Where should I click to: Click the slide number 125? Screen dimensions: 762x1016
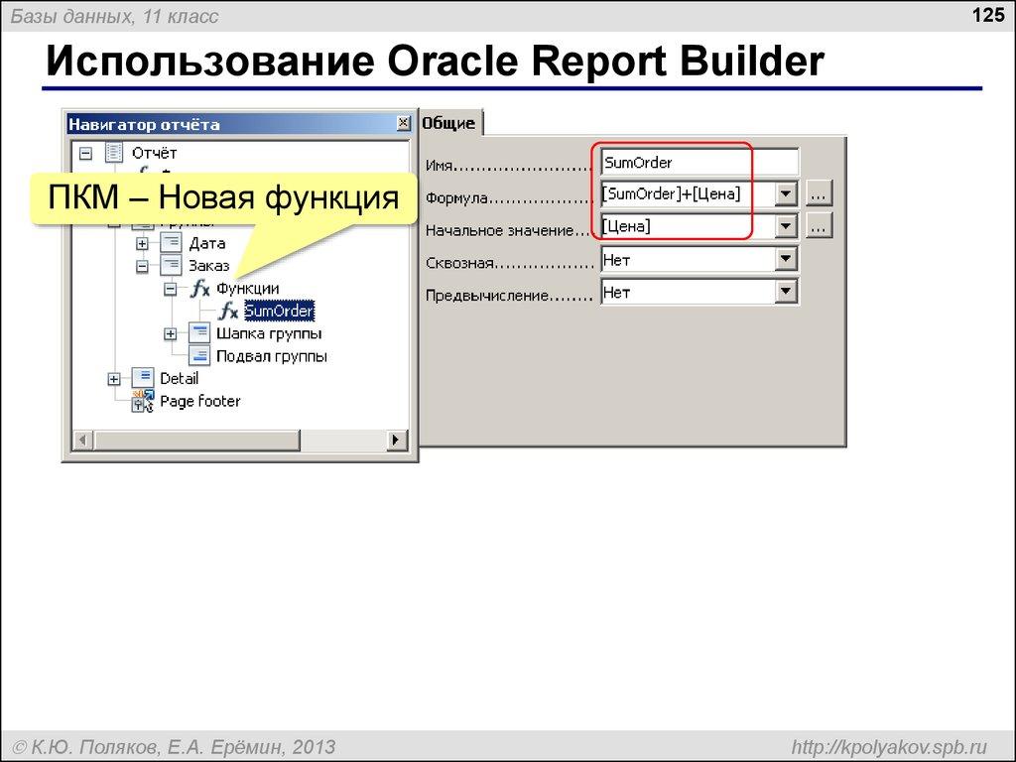click(x=988, y=15)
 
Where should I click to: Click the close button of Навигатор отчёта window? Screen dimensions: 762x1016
click(x=403, y=124)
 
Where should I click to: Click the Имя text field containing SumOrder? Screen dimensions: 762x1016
click(x=698, y=163)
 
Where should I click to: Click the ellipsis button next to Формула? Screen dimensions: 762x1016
click(x=820, y=194)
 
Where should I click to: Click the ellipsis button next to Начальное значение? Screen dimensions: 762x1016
click(x=820, y=227)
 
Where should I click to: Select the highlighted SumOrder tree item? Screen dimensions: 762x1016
click(x=279, y=312)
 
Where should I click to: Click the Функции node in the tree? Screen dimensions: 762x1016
click(x=247, y=289)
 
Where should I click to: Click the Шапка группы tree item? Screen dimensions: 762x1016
click(x=268, y=333)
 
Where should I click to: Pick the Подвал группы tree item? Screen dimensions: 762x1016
click(x=271, y=356)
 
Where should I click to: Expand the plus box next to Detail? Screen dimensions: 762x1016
click(x=114, y=379)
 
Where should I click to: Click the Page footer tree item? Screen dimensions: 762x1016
click(x=199, y=402)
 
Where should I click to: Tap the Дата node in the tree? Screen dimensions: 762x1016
click(x=206, y=243)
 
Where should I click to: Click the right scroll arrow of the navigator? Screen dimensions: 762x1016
click(x=396, y=440)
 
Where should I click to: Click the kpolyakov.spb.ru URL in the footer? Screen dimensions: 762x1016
click(x=886, y=746)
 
